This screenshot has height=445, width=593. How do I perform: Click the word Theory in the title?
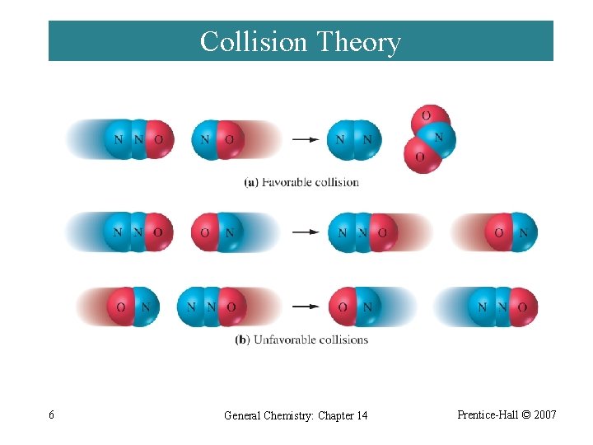click(x=358, y=41)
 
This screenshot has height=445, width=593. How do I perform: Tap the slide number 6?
click(x=52, y=415)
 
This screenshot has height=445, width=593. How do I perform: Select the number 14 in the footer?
click(x=361, y=415)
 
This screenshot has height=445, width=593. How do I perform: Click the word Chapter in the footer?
click(x=327, y=415)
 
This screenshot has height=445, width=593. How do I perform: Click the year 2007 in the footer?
click(x=545, y=415)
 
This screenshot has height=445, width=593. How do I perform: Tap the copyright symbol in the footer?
click(x=525, y=415)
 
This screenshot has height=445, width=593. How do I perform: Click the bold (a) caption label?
click(x=252, y=182)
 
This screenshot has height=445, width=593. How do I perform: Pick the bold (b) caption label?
click(x=242, y=340)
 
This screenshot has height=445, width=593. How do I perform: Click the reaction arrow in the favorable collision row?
click(x=306, y=139)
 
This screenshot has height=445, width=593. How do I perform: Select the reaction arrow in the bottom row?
click(x=306, y=307)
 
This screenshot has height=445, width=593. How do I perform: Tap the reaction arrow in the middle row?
click(x=306, y=232)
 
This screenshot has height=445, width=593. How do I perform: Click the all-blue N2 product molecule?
click(x=354, y=139)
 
